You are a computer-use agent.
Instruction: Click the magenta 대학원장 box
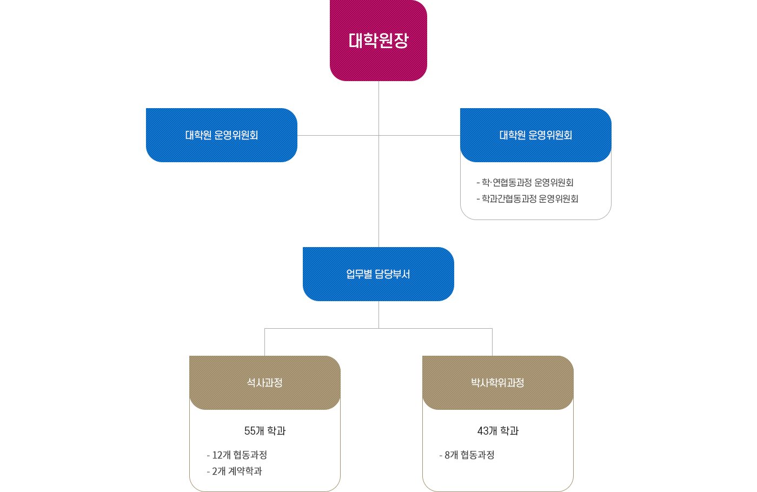point(378,41)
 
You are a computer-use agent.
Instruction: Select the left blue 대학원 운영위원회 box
point(222,135)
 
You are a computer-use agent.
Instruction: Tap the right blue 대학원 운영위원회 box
point(535,135)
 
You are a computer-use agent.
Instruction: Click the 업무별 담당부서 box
point(378,274)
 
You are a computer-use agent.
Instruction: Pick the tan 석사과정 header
point(265,383)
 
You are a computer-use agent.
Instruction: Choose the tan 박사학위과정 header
point(497,383)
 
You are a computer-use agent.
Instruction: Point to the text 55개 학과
point(265,431)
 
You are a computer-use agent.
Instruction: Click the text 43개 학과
point(498,431)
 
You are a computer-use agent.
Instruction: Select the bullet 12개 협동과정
point(237,455)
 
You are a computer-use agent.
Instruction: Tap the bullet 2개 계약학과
point(235,471)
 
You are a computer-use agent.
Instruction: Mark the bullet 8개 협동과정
point(467,455)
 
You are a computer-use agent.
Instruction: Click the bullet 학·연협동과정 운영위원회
point(525,183)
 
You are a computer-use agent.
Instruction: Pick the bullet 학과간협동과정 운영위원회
point(528,199)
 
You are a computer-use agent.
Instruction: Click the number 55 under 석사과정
point(250,431)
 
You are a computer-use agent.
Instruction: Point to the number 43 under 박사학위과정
point(483,431)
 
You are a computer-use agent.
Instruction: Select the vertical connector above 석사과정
point(264,342)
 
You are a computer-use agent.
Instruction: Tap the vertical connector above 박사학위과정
point(492,342)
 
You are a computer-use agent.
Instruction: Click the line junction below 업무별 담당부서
point(378,328)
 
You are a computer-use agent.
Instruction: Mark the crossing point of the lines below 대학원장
point(378,135)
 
